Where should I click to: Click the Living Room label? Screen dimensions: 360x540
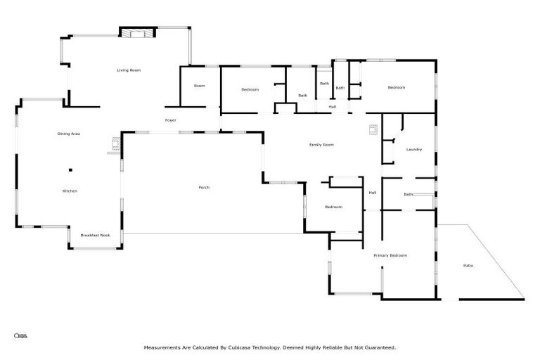point(129,70)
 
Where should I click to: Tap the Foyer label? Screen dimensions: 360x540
point(170,120)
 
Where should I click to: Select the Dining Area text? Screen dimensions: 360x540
point(68,134)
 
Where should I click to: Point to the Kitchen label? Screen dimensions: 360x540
point(70,191)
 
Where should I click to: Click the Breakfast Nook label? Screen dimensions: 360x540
point(95,236)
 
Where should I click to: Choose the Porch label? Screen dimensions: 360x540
point(204,187)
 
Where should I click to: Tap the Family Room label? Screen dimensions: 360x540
point(321,145)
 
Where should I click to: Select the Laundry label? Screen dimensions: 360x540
point(413,149)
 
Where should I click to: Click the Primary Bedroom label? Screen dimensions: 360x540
point(390,255)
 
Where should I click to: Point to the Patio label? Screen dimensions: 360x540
point(468,265)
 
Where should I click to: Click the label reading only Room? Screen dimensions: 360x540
point(199,86)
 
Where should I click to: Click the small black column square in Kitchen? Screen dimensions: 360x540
point(70,169)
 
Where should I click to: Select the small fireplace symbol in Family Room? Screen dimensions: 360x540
point(373,129)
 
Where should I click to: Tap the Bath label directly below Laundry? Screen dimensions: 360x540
point(409,195)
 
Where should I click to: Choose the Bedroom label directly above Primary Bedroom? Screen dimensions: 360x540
point(333,207)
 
